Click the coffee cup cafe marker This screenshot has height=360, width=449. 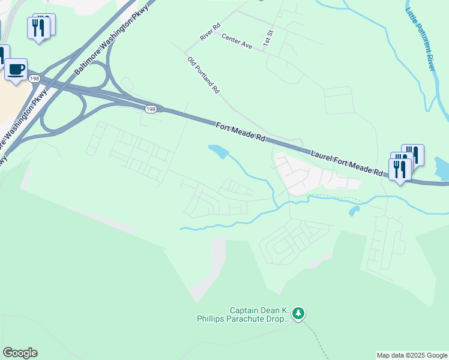point(16,69)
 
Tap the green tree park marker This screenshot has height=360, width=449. point(299,313)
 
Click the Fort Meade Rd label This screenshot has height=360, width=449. point(241,131)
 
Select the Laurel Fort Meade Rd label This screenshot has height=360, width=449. point(347,164)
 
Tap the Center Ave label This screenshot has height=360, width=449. point(237,40)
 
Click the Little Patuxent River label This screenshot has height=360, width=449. point(420,39)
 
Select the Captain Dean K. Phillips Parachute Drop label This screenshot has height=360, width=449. point(243,314)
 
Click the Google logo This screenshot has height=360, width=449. point(20,353)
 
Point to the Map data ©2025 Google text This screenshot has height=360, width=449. point(412,355)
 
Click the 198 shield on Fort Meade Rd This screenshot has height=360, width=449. point(150,108)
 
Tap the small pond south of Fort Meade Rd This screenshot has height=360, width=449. point(218,151)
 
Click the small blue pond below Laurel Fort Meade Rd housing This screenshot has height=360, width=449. point(354,211)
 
